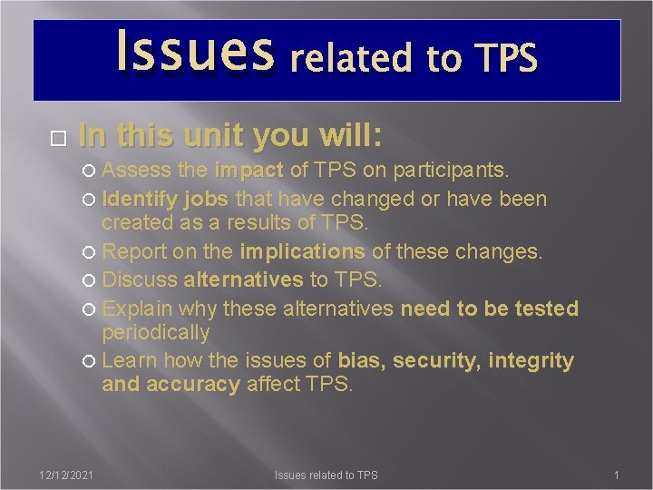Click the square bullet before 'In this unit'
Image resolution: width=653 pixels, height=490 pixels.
coord(59,139)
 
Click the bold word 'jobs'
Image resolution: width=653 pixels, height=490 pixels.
coord(209,199)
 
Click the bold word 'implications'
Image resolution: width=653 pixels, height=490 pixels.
coord(302,251)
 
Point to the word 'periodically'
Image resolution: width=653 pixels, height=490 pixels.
coord(155,332)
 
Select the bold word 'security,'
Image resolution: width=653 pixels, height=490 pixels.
coord(440,360)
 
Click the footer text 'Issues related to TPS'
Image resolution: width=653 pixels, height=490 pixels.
coord(326,475)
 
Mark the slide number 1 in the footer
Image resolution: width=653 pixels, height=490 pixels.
coord(616,475)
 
